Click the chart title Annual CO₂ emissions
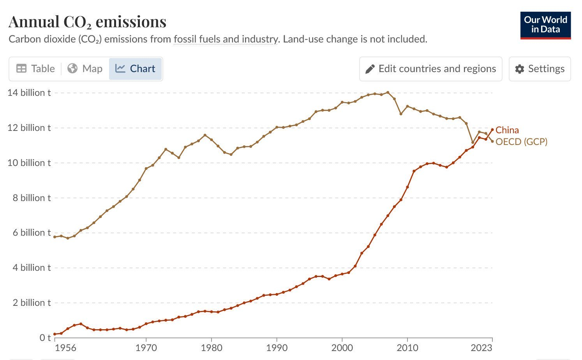(87, 22)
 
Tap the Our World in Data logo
(545, 25)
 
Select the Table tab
(35, 69)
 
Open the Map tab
(85, 69)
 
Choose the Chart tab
(136, 69)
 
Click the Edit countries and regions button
(430, 69)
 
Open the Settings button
(540, 69)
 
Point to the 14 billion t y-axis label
(29, 93)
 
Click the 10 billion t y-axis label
(29, 163)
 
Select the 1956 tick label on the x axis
(65, 348)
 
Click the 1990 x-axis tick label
(277, 348)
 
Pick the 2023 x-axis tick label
(481, 348)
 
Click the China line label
(507, 130)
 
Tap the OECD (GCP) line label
(521, 142)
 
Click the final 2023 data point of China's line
(492, 130)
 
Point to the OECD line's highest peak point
(388, 93)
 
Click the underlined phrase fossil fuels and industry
(226, 39)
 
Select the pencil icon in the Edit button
(370, 69)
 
